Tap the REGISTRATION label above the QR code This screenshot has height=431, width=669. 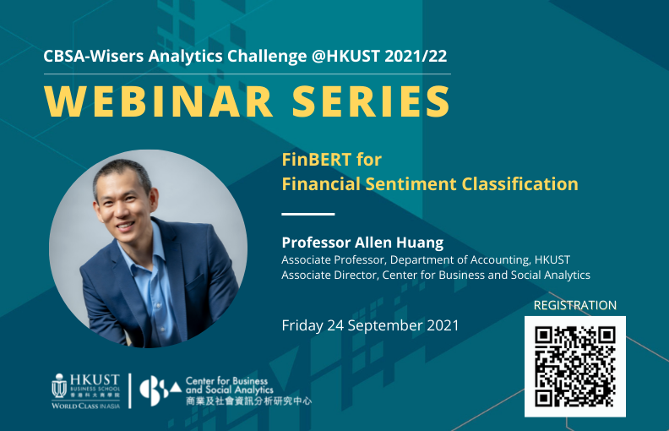coord(575,305)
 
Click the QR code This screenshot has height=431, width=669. coord(575,366)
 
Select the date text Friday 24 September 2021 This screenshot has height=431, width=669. coord(370,325)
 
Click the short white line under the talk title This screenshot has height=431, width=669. coord(307,214)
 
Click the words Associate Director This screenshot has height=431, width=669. coord(326,275)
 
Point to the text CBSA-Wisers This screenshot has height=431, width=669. coord(92,57)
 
